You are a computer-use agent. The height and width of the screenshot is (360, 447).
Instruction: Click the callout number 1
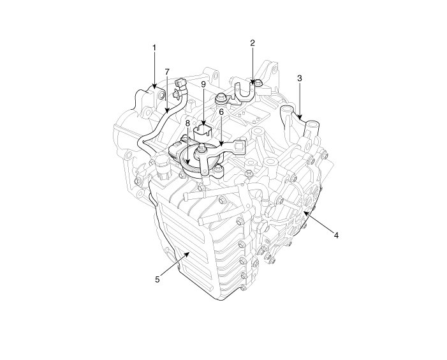[154, 48]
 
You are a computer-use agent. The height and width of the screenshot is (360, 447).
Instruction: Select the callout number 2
[253, 43]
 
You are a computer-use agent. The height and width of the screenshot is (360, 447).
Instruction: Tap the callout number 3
[299, 78]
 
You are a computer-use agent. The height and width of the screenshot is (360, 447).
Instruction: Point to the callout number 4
[337, 236]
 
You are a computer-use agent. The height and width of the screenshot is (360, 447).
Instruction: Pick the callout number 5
[158, 280]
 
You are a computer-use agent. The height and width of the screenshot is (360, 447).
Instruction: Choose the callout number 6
[221, 112]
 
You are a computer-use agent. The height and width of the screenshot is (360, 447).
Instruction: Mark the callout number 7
[167, 71]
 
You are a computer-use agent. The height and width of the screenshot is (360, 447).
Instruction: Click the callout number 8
[187, 123]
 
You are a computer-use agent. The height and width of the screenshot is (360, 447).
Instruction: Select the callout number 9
[203, 84]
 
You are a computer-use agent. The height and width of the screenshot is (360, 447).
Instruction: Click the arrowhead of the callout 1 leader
[154, 86]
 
